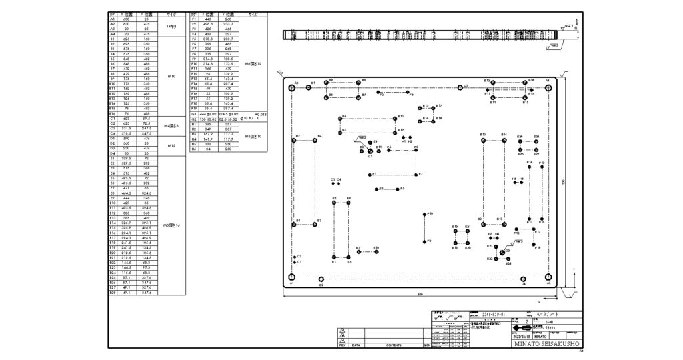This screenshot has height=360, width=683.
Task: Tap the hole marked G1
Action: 370,151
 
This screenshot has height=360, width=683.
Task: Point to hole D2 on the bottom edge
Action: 321,281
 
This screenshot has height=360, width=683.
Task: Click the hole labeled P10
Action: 425,215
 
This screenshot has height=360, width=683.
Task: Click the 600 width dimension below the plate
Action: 420,294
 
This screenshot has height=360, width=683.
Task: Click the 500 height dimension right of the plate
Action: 564,181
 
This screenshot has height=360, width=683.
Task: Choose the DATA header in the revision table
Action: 356,345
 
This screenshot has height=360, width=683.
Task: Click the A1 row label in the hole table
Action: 112,19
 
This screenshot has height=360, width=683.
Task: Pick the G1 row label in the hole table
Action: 193,114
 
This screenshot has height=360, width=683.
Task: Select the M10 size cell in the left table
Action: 171,76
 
